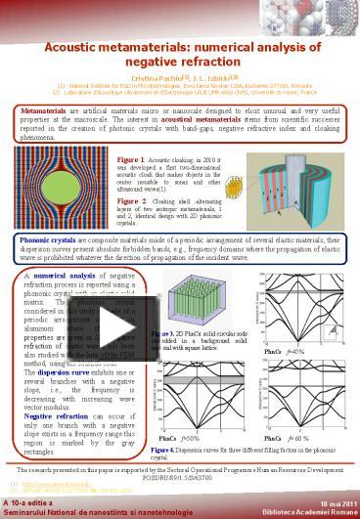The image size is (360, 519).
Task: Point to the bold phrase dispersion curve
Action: (x=60, y=370)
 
